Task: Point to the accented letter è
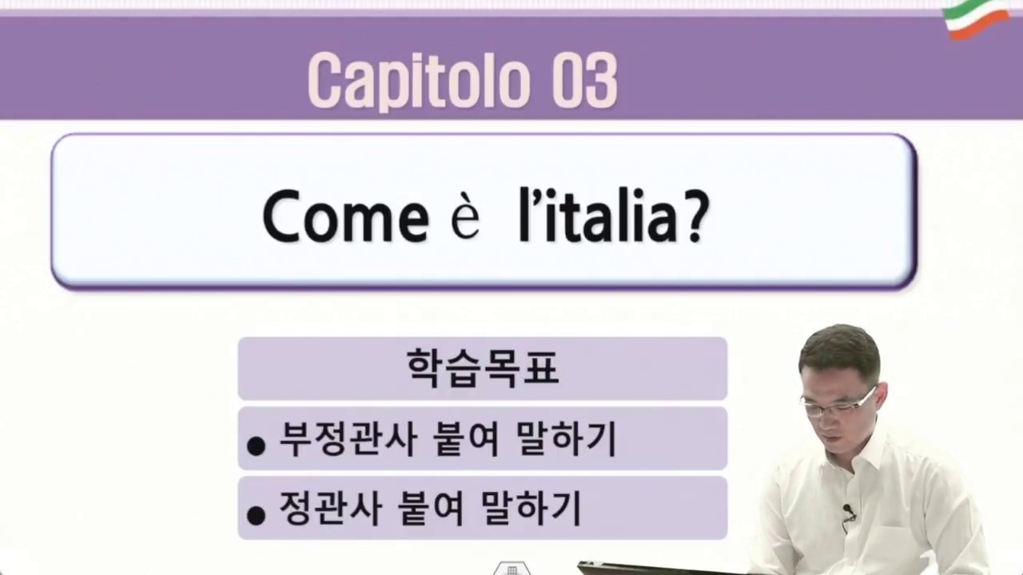(465, 220)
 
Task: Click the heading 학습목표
(482, 368)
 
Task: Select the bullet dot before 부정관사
(256, 446)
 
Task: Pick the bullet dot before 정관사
(256, 516)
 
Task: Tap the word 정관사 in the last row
(326, 507)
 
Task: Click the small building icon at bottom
(511, 569)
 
